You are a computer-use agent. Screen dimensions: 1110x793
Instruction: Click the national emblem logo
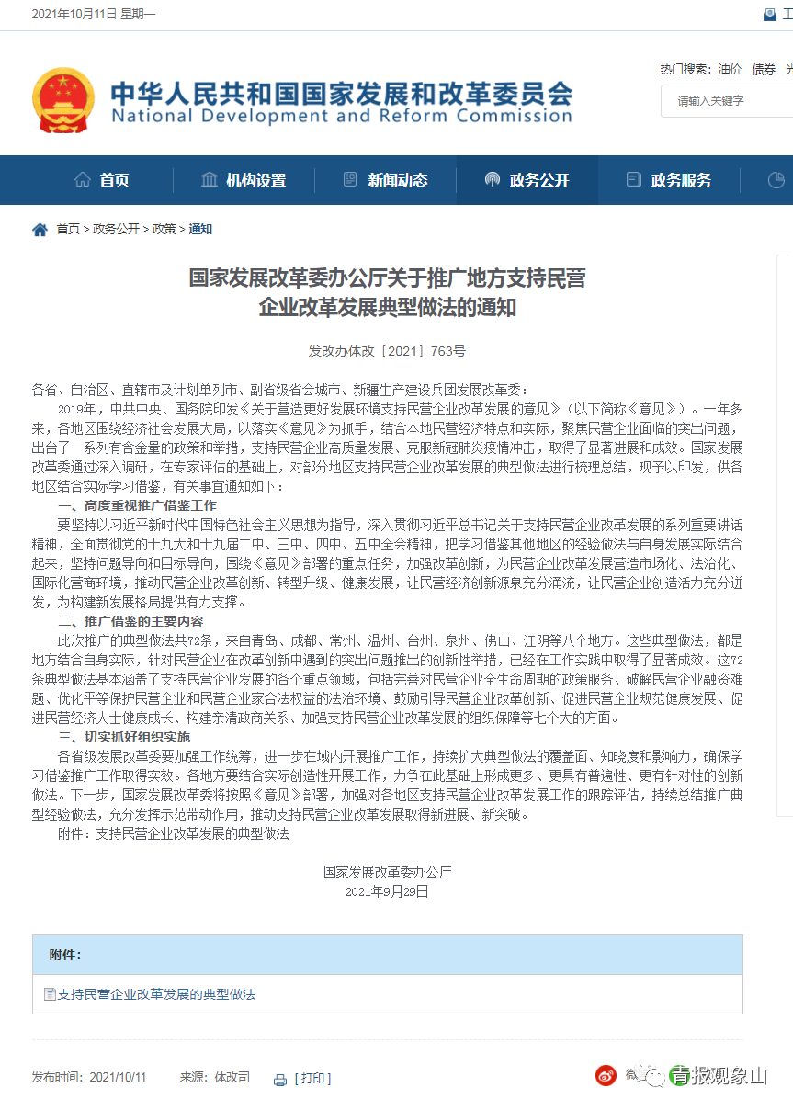[62, 100]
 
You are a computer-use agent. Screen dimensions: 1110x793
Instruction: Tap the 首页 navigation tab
[102, 180]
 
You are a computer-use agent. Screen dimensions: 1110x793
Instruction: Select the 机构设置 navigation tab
[244, 180]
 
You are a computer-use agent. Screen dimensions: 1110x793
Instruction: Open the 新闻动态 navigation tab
[385, 180]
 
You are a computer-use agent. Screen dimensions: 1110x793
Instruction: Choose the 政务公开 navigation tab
[527, 180]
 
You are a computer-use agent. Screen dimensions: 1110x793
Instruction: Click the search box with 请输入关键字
[726, 101]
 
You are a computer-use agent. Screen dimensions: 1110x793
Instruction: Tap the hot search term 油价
[730, 69]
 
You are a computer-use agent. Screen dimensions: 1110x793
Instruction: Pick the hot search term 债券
[764, 69]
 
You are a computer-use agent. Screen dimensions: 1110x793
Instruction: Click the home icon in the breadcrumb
[40, 230]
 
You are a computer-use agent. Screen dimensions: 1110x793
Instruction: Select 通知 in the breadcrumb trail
[200, 230]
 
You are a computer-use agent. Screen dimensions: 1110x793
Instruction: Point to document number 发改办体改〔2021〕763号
[387, 351]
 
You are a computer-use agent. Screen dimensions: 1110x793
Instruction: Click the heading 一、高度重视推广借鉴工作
[137, 505]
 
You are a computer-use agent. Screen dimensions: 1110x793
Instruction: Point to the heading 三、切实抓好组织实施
[124, 737]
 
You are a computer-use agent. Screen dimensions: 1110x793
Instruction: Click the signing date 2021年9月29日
[387, 890]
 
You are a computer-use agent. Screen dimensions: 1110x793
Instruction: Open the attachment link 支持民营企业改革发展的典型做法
[156, 994]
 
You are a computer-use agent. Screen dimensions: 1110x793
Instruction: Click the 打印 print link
[312, 1078]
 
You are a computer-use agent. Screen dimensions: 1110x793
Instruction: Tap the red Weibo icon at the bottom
[605, 1075]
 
